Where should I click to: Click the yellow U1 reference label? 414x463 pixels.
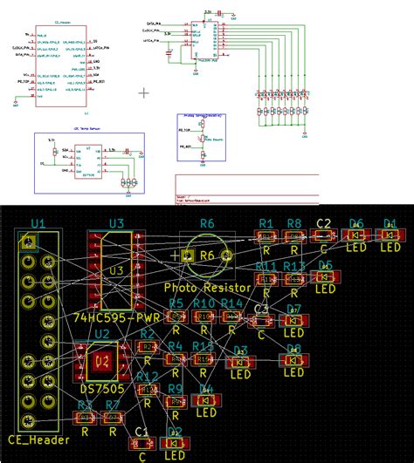(x=37, y=223)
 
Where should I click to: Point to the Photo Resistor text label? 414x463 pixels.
(x=207, y=287)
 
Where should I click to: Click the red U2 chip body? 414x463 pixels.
(x=101, y=358)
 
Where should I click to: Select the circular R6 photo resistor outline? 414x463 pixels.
(x=206, y=255)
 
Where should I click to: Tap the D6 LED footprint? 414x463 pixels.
(x=355, y=235)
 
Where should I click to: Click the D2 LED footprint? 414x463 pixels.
(x=175, y=443)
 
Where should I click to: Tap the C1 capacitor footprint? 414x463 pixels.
(x=142, y=443)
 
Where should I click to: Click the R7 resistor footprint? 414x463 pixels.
(x=113, y=418)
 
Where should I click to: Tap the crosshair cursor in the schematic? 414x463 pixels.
(x=145, y=90)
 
